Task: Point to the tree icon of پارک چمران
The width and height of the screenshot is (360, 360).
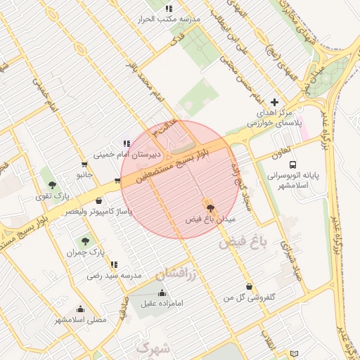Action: click(85, 241)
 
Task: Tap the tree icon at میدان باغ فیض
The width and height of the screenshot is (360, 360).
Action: click(210, 208)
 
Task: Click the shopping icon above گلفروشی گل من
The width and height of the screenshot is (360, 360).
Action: click(250, 285)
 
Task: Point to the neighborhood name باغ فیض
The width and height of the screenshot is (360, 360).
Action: click(243, 243)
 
